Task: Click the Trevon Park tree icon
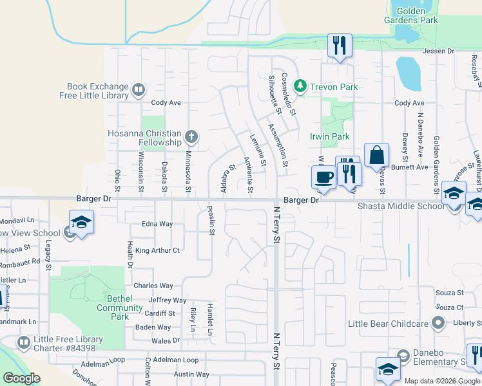299,86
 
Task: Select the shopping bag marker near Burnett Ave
376,155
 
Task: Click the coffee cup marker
323,177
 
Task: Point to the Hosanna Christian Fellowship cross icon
191,136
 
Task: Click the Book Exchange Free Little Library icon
138,90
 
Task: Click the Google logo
21,378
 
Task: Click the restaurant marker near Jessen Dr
340,45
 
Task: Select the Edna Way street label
157,224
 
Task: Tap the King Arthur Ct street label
157,250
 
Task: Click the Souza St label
450,292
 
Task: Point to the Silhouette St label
273,91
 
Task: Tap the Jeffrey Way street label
168,300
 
